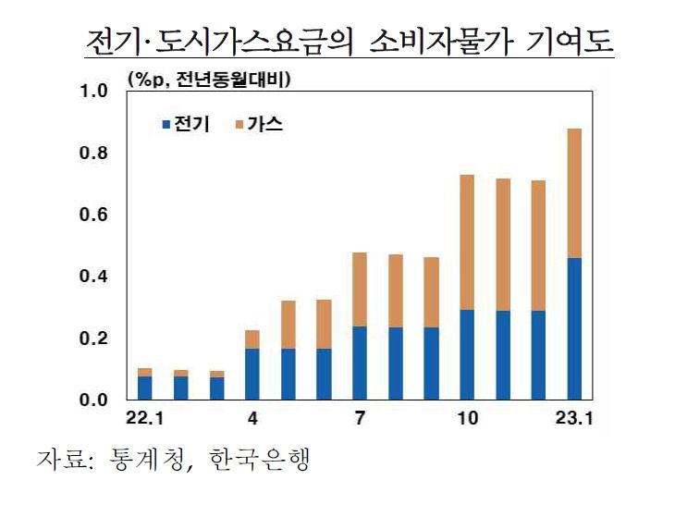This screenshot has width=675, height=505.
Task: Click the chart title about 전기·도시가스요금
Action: (349, 43)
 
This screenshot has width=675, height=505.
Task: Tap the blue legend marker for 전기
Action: (166, 123)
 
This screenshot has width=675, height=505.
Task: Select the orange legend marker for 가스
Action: (239, 123)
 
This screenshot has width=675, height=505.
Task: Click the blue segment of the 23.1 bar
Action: (573, 329)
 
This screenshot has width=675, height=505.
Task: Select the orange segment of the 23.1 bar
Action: (573, 193)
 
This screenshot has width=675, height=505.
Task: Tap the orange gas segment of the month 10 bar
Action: (467, 242)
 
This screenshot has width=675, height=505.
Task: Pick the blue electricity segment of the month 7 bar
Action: (360, 363)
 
